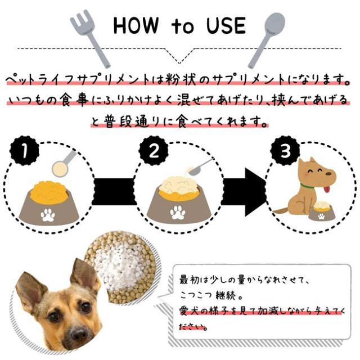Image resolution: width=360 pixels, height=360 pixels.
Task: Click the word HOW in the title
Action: (x=136, y=25)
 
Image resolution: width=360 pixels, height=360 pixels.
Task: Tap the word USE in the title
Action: (x=226, y=25)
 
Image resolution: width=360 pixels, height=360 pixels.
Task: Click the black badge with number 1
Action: (x=24, y=151)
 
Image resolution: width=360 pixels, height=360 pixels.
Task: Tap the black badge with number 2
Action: (x=154, y=151)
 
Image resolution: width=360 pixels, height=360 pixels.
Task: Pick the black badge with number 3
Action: (x=285, y=151)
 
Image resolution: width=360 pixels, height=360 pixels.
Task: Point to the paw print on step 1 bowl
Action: (x=48, y=215)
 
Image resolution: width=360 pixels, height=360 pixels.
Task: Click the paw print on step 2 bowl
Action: (x=177, y=213)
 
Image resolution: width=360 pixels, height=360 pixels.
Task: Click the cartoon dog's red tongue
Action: (x=327, y=190)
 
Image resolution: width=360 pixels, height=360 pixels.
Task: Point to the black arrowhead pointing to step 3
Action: (x=255, y=192)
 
